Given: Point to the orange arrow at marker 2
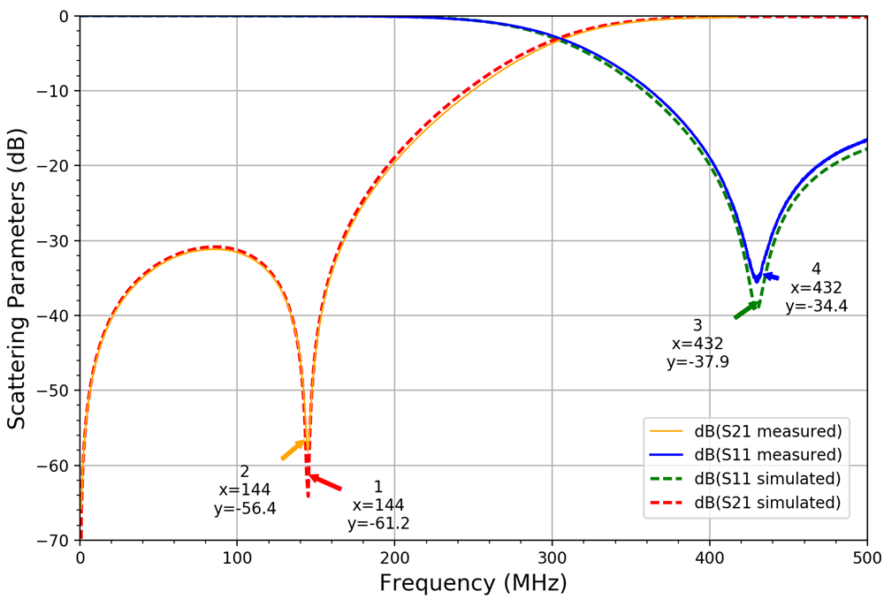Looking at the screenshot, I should [x=293, y=449].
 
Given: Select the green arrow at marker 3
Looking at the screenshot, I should [x=746, y=309].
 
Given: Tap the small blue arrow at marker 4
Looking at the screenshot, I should [x=771, y=277].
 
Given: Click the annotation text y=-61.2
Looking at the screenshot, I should [x=378, y=523].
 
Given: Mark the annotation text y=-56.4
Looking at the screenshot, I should [x=245, y=509].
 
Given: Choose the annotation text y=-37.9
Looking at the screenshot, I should [x=697, y=361].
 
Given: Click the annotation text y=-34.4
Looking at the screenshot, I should [x=816, y=307].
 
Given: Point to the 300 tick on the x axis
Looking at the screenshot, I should [x=552, y=558].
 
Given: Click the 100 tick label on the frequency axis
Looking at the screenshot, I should [x=237, y=558].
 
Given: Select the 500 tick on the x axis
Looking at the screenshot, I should [x=866, y=558].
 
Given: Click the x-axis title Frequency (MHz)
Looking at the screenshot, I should [x=473, y=583].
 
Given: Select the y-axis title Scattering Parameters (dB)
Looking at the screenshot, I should [x=17, y=277].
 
